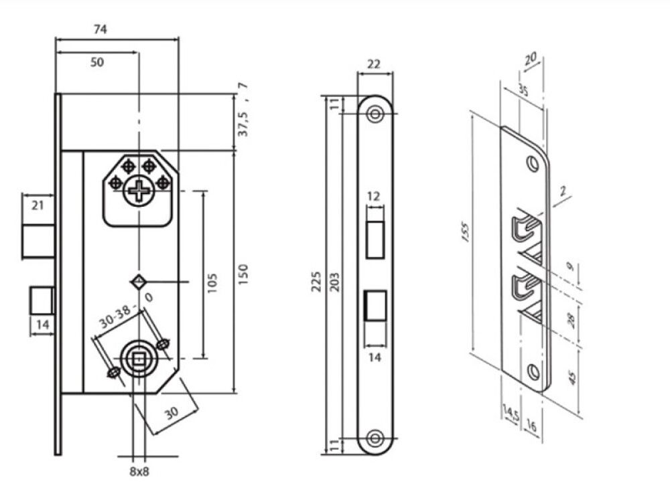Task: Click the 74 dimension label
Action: click(100, 29)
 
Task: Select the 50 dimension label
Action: click(97, 62)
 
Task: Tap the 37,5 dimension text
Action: click(243, 121)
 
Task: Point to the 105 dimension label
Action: click(212, 282)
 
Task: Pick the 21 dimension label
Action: click(38, 205)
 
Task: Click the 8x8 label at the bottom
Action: click(139, 472)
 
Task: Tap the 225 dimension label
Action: click(316, 281)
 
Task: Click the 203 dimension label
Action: click(335, 282)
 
